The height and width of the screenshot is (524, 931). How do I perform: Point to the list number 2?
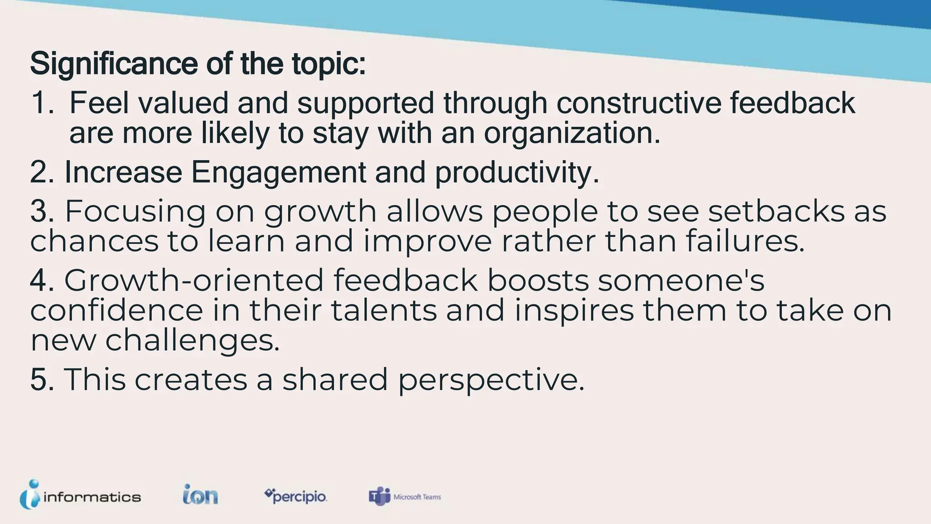[42, 173]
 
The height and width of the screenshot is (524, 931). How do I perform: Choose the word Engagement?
[278, 173]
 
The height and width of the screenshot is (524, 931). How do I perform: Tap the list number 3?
[42, 212]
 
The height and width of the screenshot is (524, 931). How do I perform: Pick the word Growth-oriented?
[193, 280]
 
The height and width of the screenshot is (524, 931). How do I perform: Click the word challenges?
[193, 341]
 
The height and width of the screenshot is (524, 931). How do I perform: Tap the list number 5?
[42, 379]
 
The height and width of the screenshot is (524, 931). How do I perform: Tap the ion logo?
[200, 495]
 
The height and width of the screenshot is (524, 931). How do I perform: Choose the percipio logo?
[295, 496]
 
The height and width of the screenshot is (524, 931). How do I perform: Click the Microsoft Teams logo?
[405, 497]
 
